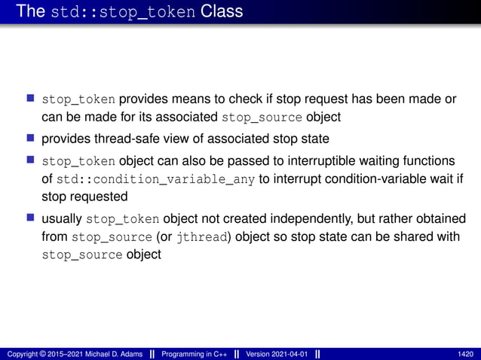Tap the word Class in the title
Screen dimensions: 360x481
[x=222, y=11]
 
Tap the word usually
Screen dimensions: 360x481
[x=62, y=218]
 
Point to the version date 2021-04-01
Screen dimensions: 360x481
[x=289, y=354]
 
